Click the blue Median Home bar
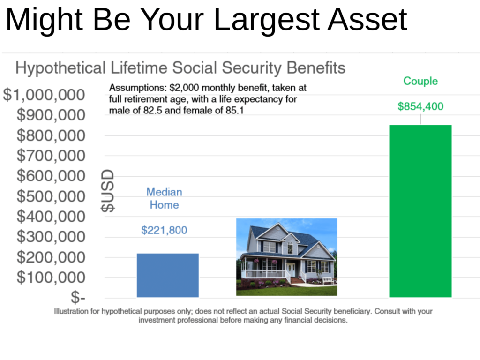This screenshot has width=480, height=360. tap(168, 275)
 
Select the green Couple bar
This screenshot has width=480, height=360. tap(420, 211)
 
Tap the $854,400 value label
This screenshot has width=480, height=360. tap(420, 106)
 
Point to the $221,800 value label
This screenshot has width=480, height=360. tap(164, 230)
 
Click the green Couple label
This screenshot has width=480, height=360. tap(420, 81)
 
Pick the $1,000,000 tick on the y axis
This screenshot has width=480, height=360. tap(44, 95)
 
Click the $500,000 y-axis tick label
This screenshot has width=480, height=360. tap(51, 196)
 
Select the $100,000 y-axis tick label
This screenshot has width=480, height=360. tap(51, 277)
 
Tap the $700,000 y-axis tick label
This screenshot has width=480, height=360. tap(51, 156)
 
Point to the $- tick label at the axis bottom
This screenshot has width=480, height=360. tap(78, 297)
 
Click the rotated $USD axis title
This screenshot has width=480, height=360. tap(108, 191)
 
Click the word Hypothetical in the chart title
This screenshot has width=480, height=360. tap(60, 68)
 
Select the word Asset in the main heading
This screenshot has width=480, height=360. tap(367, 20)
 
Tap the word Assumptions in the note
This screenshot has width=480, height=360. tap(137, 88)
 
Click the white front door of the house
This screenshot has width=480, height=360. tap(291, 270)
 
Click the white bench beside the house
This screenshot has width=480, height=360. tap(328, 280)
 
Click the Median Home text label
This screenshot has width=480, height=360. tap(164, 198)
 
